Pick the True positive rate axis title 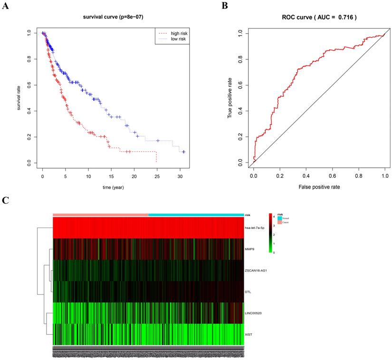[x=230, y=98]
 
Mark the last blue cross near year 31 [x=183, y=152]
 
